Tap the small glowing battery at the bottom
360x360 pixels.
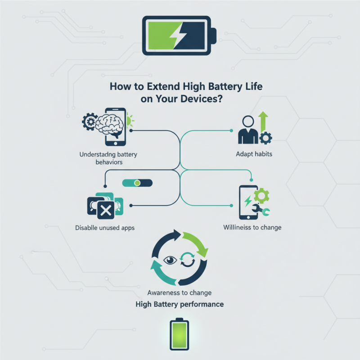coord(180,335)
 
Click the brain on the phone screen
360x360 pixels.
coord(111,122)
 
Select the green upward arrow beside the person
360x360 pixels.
coord(263,122)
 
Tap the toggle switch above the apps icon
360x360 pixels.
coord(138,183)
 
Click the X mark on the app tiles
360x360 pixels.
coord(106,209)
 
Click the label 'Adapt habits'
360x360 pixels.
coord(254,154)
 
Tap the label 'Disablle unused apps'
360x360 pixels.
coord(104,228)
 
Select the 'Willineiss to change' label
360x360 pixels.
coord(252,227)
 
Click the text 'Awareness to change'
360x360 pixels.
coord(180,292)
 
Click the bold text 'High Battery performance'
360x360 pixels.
coord(180,305)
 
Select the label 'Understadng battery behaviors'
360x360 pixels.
coord(108,158)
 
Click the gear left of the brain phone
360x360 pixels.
coord(90,121)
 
